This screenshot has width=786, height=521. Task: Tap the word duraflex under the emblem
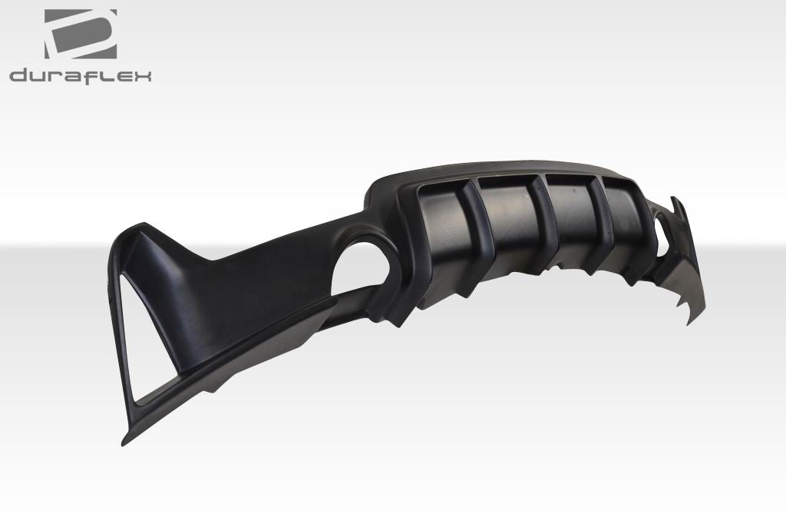point(80,75)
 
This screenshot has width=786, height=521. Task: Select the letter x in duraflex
point(142,75)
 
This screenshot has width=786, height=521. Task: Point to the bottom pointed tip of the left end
point(124,443)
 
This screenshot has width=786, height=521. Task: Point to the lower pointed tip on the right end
point(689,321)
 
